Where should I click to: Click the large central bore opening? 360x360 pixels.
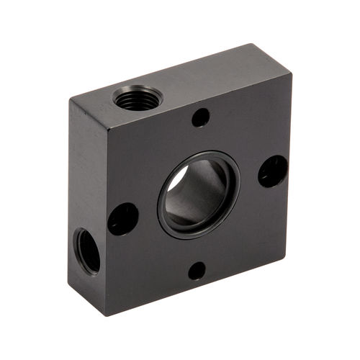[197, 193]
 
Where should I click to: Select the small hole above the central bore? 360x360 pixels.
[201, 117]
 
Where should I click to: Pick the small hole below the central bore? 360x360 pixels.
[197, 271]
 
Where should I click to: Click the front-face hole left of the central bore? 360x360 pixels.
[123, 218]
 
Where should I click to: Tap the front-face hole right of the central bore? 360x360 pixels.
[273, 171]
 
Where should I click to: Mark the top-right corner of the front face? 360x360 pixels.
[292, 72]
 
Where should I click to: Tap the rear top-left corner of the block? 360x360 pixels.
[70, 98]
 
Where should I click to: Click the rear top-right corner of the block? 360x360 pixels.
[253, 45]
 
